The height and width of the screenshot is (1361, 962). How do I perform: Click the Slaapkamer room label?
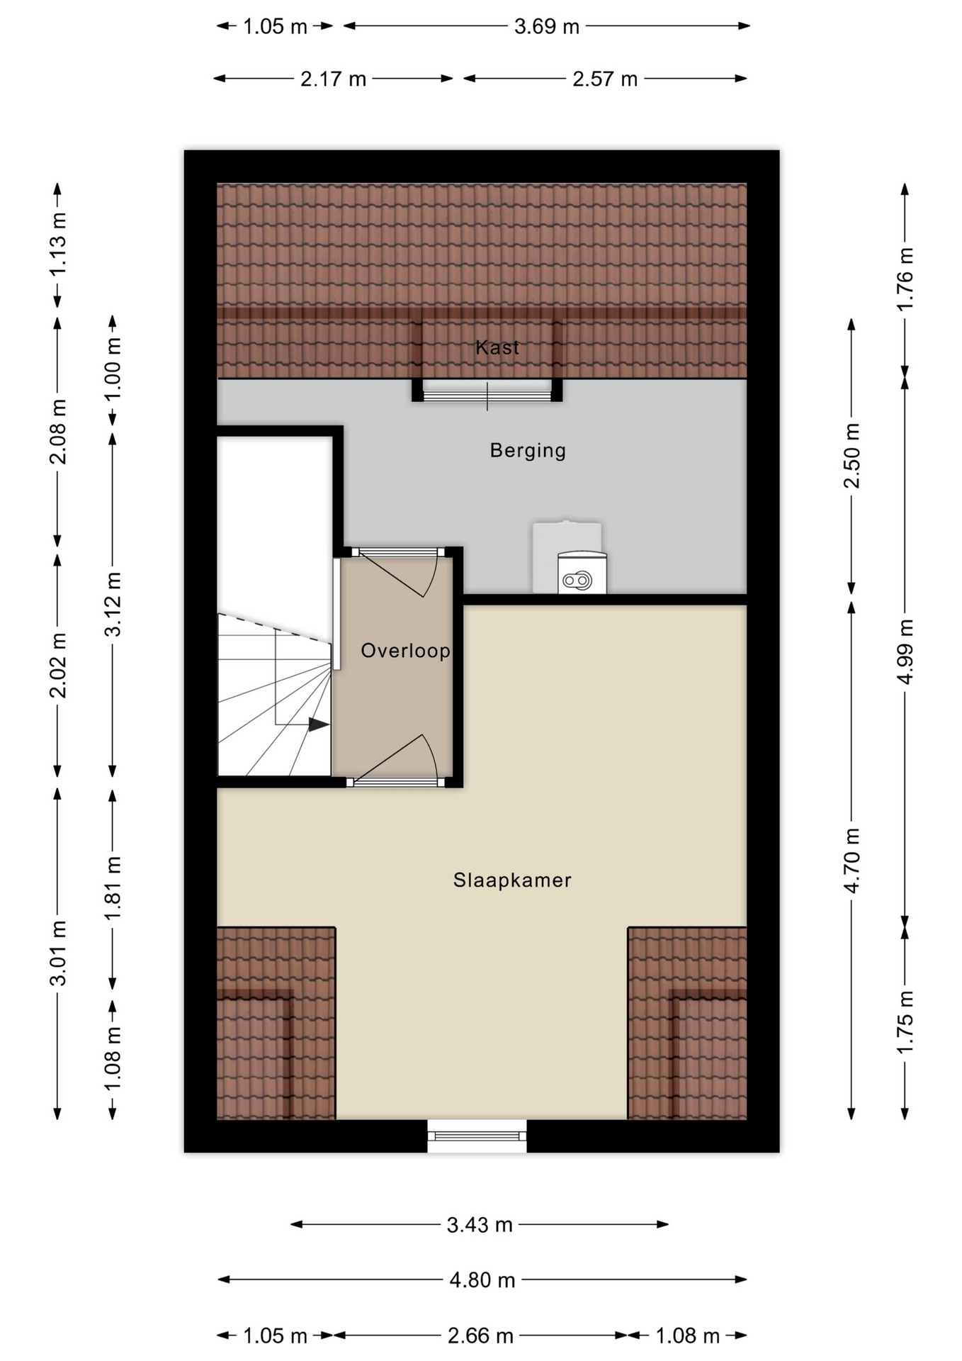512,880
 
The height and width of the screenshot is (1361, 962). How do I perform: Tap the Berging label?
528,450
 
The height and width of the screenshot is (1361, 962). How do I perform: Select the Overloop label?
405,651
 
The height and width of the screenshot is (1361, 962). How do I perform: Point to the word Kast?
497,347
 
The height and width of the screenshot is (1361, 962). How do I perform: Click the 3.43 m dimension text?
480,1225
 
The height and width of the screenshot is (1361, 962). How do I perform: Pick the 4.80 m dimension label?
482,1279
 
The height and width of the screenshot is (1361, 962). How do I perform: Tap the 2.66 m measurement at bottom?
480,1336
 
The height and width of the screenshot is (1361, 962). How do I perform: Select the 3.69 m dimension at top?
546,27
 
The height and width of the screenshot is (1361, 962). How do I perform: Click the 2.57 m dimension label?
605,79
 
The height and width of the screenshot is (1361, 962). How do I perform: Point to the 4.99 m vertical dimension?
905,651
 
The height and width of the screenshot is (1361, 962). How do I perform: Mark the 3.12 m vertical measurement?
113,604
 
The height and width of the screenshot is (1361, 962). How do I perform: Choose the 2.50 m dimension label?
851,455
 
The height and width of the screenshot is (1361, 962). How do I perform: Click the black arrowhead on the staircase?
318,724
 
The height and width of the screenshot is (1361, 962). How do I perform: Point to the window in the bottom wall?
477,1136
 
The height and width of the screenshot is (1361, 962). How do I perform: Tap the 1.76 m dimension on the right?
905,279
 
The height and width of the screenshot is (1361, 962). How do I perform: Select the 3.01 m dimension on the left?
58,953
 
